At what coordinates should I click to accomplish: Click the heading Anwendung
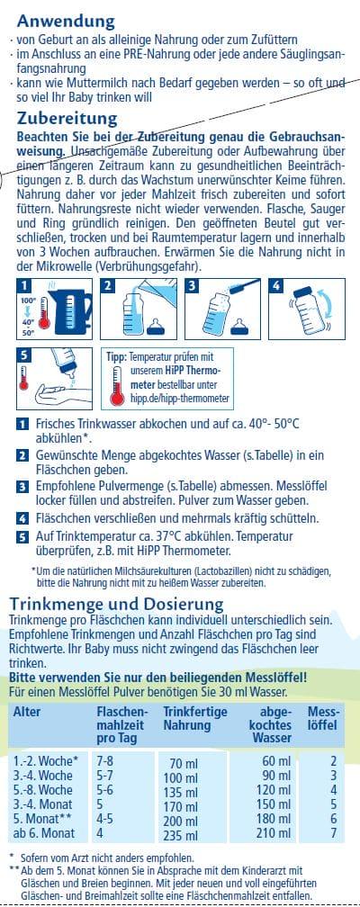pos(66,22)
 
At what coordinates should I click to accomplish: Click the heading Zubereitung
pos(67,119)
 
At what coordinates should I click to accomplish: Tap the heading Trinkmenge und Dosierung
pos(116,605)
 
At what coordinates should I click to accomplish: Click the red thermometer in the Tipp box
pos(118,384)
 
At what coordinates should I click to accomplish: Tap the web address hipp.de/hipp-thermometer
pos(184,398)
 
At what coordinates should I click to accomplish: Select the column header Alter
pos(27,712)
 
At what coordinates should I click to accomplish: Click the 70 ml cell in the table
pos(184,764)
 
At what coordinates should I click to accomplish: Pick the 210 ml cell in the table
pos(275,833)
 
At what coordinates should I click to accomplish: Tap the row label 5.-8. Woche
pos(43,790)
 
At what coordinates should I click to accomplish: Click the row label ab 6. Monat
pos(44,833)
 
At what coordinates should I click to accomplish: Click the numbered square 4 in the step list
pos(22,518)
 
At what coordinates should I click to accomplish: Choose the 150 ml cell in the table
pos(275,804)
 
